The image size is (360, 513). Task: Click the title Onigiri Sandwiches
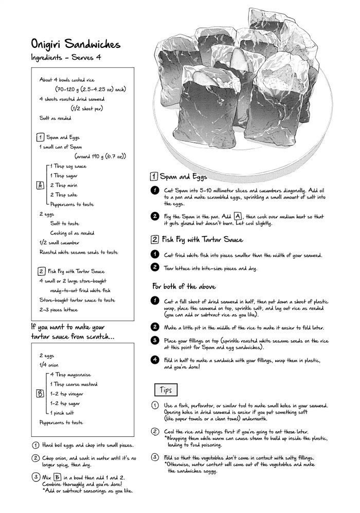(x=76, y=44)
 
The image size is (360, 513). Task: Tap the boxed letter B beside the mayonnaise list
(x=40, y=394)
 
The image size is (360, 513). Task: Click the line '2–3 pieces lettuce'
(x=59, y=310)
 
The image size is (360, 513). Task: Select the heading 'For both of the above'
(x=184, y=286)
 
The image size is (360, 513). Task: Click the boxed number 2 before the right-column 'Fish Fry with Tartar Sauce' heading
(x=154, y=239)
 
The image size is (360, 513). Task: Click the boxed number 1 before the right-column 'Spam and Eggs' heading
(x=154, y=176)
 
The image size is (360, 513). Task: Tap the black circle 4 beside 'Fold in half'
(x=154, y=359)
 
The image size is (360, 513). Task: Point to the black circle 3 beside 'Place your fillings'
(x=154, y=340)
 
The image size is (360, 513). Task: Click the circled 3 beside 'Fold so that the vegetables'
(x=154, y=457)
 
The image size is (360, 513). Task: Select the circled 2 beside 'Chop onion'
(x=35, y=458)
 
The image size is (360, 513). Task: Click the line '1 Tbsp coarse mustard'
(x=74, y=384)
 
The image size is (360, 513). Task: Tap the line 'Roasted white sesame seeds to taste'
(x=79, y=252)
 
